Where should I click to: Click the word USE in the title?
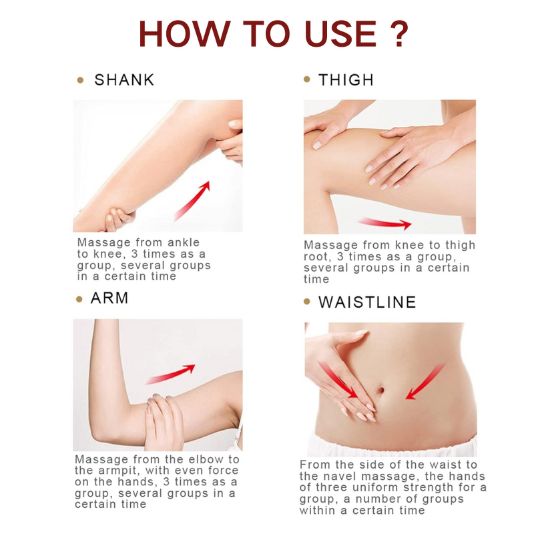(341, 33)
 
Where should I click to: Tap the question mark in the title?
(397, 33)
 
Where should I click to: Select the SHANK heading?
(124, 80)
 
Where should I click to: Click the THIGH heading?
(346, 80)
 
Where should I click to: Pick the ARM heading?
(109, 298)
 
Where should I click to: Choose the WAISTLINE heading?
(367, 302)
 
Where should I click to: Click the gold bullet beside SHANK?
(80, 80)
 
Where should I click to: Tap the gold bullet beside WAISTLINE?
(307, 302)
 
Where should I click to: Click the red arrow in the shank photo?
(192, 201)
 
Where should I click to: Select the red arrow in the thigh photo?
(385, 223)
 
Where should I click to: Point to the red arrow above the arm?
(170, 374)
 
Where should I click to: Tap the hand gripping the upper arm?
(164, 423)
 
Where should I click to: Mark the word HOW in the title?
(185, 33)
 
